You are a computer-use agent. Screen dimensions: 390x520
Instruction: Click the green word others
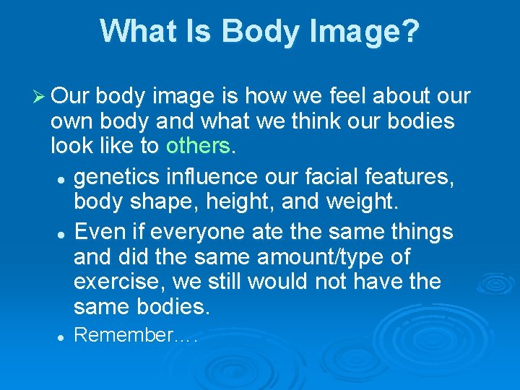tap(197, 146)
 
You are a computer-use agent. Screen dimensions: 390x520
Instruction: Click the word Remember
tap(123, 335)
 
